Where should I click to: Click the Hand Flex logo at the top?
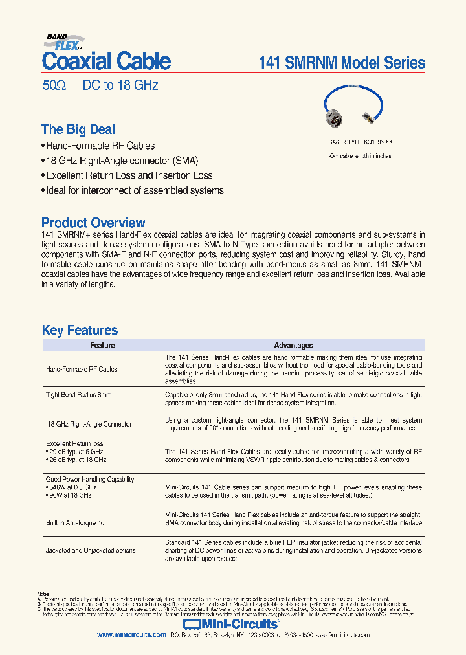click(x=64, y=41)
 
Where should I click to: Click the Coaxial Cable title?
click(x=106, y=62)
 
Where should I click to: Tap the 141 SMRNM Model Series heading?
click(x=342, y=63)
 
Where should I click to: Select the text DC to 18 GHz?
click(x=120, y=85)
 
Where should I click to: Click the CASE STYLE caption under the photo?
click(x=360, y=142)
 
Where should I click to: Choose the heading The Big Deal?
click(x=78, y=129)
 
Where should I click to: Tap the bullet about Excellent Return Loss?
click(x=128, y=175)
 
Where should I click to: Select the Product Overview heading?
click(x=93, y=223)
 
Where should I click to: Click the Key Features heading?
click(x=80, y=330)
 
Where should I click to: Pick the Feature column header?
click(x=102, y=346)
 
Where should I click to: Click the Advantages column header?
click(x=293, y=346)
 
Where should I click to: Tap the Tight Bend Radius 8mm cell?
click(x=79, y=395)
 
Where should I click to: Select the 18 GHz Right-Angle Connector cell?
click(x=90, y=424)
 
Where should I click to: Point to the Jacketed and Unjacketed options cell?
click(x=91, y=551)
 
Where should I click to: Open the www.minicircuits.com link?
click(x=131, y=635)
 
